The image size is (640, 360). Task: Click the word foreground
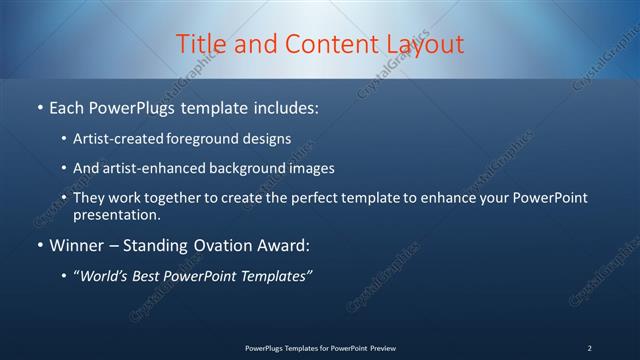(211, 138)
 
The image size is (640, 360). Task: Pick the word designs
(269, 138)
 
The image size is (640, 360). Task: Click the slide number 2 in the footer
(589, 348)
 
